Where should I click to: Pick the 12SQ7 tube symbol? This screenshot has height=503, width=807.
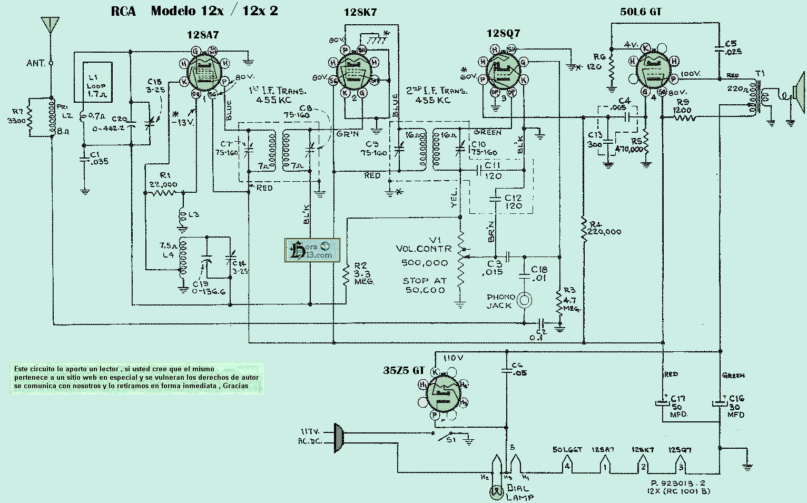tap(502, 72)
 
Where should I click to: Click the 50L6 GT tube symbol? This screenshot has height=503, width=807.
tap(653, 70)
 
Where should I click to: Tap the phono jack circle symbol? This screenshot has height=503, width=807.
tap(524, 300)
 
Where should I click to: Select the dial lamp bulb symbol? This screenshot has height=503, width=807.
tap(495, 492)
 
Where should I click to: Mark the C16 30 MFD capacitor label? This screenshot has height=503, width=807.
tap(736, 406)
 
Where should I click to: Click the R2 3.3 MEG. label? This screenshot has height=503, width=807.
tap(363, 274)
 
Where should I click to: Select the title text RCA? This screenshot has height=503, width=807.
tap(123, 11)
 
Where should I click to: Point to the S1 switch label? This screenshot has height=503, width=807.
tap(451, 440)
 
